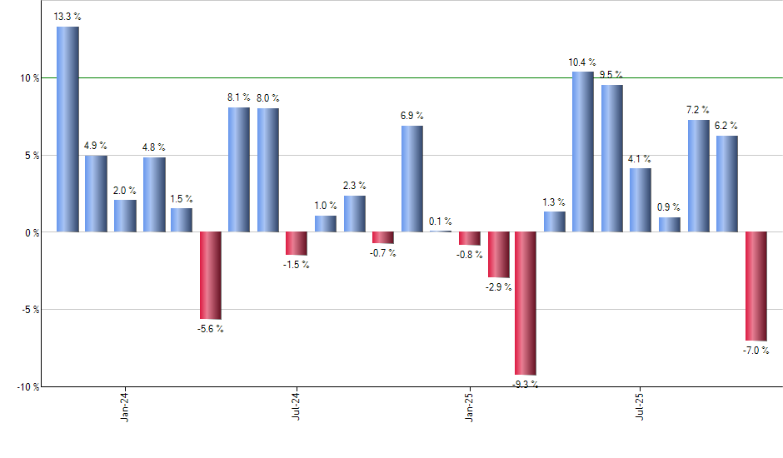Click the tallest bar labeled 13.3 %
click(x=67, y=129)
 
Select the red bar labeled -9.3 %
click(x=526, y=303)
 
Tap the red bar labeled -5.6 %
click(x=211, y=275)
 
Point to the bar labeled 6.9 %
click(x=411, y=178)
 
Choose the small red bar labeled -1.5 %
click(x=297, y=243)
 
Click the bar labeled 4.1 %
click(x=641, y=200)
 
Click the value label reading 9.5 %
click(x=612, y=75)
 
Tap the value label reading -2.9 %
click(x=498, y=287)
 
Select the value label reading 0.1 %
click(x=441, y=222)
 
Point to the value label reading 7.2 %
click(x=698, y=110)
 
